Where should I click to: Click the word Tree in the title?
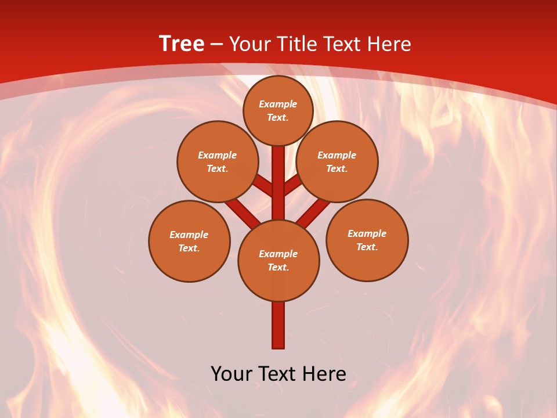[x=182, y=44]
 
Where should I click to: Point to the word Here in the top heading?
[x=390, y=44]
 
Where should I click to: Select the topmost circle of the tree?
[x=278, y=110]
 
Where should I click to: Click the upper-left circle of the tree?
[x=217, y=161]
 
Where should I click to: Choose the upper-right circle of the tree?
[x=337, y=161]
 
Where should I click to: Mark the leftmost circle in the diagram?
[x=189, y=241]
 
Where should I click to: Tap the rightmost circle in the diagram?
[x=367, y=240]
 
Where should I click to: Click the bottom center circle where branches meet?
[x=278, y=261]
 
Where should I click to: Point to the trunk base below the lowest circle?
[x=278, y=325]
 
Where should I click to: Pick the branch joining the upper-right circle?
[x=292, y=185]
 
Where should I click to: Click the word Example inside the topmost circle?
[x=278, y=104]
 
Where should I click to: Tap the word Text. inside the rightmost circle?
[x=367, y=247]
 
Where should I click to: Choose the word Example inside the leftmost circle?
[x=189, y=235]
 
